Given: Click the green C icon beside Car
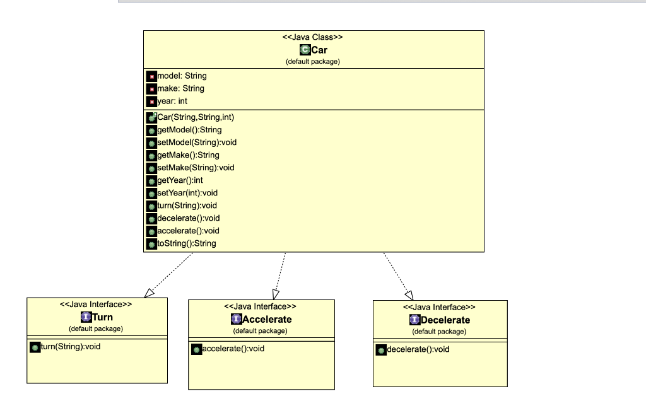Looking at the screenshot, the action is coord(305,50).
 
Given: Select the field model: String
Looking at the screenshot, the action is coord(182,76).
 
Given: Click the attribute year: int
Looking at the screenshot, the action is coord(172,101).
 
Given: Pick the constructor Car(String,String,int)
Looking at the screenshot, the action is coord(196,117).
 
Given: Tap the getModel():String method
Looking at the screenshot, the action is coord(189,130).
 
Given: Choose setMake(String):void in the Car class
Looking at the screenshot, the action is coord(196,168).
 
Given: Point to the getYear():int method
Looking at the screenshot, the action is coord(180,180).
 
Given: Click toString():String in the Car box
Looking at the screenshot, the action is coord(187,243).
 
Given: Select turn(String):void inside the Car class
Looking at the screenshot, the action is coord(187,206).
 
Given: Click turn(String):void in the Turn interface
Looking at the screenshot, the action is coord(71,347).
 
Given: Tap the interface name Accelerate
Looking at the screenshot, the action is coord(267,319).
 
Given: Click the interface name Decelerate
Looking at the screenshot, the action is coord(445,320).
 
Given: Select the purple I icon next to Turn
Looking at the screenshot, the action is coord(86,316).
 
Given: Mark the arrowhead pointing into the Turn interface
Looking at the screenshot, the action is coord(149,293).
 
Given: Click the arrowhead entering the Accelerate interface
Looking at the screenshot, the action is coord(276,294).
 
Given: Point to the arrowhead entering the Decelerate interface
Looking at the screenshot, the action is coord(409,295).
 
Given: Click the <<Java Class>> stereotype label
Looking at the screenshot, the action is coord(312,37).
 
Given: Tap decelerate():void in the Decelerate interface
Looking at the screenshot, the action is coord(418,350).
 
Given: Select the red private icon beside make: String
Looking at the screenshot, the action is coord(151,89).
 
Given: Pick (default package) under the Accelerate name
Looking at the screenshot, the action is coord(261,331).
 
